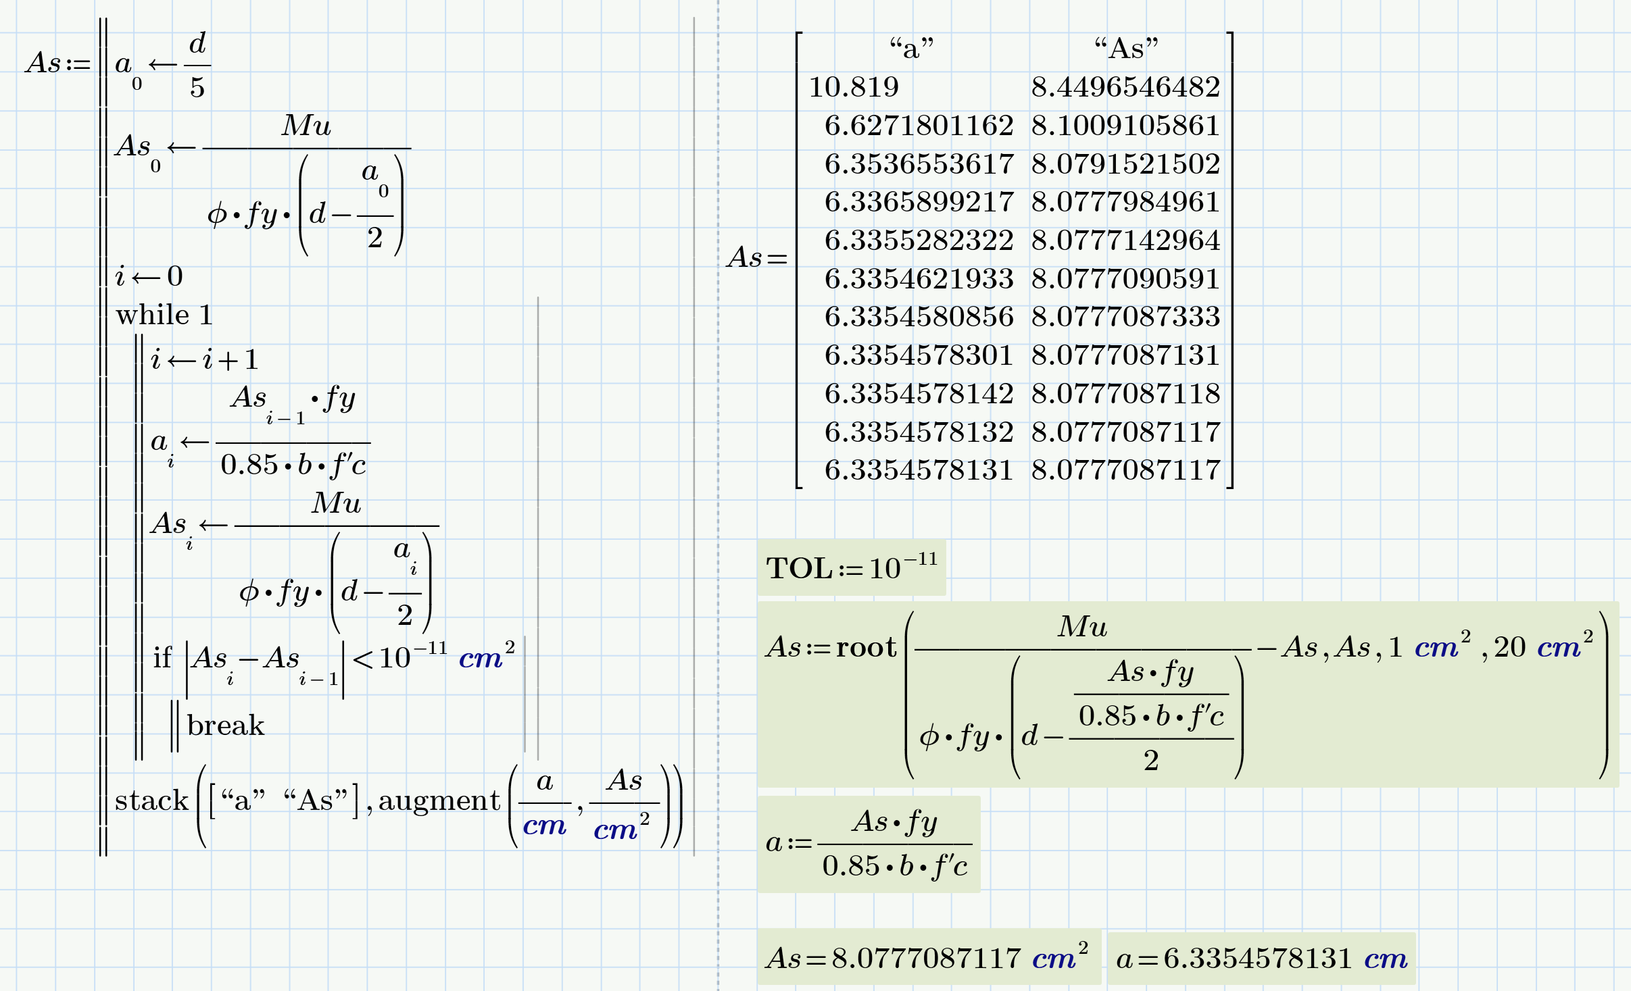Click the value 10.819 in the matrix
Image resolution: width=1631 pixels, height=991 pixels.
(854, 87)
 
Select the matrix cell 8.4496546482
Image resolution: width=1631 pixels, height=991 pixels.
(1125, 87)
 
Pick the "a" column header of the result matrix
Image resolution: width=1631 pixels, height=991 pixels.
(912, 49)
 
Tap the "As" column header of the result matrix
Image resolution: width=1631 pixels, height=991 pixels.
(1126, 49)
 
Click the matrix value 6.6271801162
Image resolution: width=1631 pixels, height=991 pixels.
(919, 126)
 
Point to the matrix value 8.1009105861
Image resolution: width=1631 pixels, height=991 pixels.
(1125, 126)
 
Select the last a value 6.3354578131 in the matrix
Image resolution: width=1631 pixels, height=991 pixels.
(919, 470)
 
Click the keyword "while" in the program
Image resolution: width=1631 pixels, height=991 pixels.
(152, 315)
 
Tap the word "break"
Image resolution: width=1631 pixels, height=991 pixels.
(225, 726)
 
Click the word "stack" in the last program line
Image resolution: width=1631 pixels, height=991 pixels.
(151, 801)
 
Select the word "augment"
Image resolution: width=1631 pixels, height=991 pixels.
(439, 801)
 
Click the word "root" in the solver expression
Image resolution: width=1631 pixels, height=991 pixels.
(866, 647)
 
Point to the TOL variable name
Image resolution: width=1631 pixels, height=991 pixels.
(798, 568)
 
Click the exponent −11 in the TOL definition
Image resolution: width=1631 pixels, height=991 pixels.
(921, 559)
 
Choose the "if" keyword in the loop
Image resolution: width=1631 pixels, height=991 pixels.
(162, 657)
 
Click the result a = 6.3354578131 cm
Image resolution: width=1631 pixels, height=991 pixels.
(1261, 958)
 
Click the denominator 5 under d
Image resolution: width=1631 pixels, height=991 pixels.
(197, 88)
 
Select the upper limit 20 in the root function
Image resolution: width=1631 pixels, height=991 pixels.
(1509, 647)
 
